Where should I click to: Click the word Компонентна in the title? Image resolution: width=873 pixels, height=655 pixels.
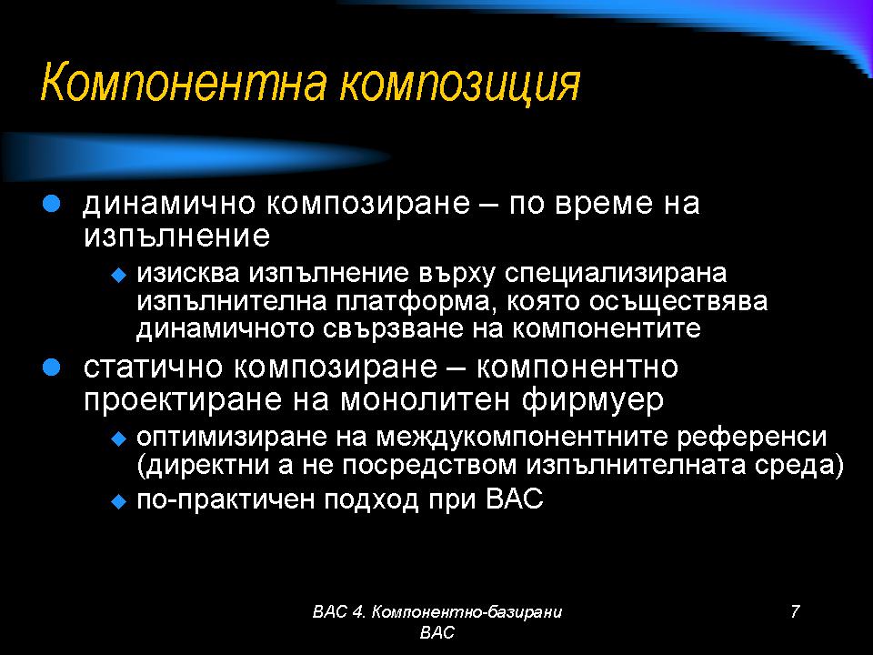click(x=185, y=82)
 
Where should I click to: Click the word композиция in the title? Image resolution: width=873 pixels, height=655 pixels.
click(x=460, y=84)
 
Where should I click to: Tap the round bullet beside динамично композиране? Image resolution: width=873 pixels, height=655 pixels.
click(x=51, y=204)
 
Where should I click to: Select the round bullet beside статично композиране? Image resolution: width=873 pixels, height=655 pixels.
click(x=51, y=368)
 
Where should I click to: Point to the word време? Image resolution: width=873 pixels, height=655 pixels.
click(x=604, y=204)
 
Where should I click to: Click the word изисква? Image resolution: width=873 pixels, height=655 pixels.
click(x=188, y=274)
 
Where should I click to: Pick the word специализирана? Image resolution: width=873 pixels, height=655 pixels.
click(x=616, y=275)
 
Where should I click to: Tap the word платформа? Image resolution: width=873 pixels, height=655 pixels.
click(x=412, y=302)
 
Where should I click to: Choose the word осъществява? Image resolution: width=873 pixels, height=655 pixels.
click(x=677, y=302)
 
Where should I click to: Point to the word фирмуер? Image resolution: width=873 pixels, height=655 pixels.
click(x=593, y=401)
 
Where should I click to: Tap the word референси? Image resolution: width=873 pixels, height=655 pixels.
click(x=752, y=438)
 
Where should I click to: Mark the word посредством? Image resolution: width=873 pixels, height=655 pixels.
click(x=429, y=466)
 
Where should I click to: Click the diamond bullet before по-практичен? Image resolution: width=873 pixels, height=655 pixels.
click(x=119, y=502)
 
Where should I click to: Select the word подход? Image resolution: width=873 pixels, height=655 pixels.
click(x=371, y=500)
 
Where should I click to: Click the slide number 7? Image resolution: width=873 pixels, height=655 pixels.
click(x=795, y=611)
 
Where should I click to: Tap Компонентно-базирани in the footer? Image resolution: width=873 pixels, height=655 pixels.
click(x=467, y=612)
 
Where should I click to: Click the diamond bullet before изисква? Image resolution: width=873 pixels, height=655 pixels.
click(x=119, y=275)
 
